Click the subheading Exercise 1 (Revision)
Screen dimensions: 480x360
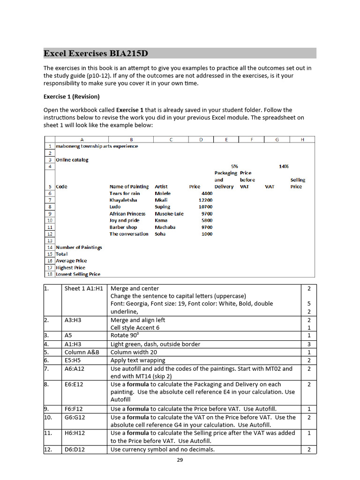tap(71, 97)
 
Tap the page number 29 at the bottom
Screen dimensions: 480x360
tap(180, 460)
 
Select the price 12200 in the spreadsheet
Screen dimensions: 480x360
tap(205, 200)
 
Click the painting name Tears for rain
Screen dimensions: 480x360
tap(125, 193)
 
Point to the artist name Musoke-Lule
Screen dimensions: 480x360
tap(169, 214)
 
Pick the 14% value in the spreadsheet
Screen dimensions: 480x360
tap(284, 166)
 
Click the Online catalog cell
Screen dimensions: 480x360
tap(72, 160)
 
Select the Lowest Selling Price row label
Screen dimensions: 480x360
tap(78, 274)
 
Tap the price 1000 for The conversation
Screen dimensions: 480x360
tap(207, 234)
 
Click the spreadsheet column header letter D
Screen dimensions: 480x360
tap(201, 139)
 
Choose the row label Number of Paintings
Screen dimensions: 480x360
tap(79, 247)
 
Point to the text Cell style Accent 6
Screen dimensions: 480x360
tap(135, 328)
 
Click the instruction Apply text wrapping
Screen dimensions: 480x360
tap(138, 360)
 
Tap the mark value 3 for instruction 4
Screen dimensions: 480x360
tap(309, 344)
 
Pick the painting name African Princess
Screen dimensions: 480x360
tap(127, 214)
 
